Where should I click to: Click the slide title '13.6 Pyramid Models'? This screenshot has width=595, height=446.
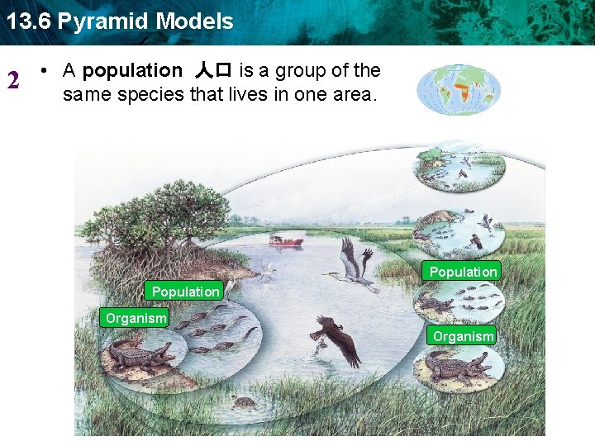120,21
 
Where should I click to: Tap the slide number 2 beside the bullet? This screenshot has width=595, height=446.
13,81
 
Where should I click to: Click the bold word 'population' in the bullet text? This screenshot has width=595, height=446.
132,71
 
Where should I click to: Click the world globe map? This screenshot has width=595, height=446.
459,90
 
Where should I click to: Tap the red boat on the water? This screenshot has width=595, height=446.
286,241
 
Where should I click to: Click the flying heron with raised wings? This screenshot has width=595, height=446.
354,263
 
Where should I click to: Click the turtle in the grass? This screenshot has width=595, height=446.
243,402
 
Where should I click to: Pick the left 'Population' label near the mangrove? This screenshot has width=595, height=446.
186,291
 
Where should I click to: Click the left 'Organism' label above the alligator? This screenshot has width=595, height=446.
136,318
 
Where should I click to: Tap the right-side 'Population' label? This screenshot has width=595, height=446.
463,271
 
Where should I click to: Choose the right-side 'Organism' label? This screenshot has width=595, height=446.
463,335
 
